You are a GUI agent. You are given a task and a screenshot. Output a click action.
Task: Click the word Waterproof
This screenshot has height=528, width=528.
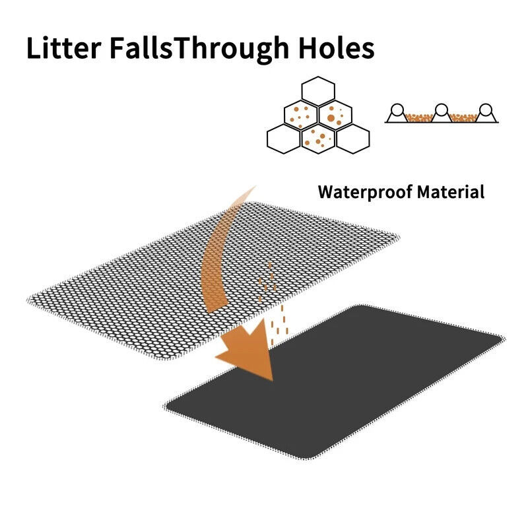pos(363,192)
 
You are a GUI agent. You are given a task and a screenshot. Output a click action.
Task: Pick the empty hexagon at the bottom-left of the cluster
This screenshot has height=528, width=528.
pos(284,138)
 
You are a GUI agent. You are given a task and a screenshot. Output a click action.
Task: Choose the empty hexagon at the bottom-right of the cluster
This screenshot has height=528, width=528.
pos(352,138)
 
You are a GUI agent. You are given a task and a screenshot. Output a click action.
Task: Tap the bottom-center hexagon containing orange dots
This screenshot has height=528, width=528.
pos(318,139)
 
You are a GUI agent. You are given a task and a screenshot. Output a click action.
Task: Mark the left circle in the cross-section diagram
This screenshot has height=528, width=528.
pos(397,110)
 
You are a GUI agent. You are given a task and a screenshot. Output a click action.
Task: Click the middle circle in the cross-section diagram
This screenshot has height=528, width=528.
pos(442,110)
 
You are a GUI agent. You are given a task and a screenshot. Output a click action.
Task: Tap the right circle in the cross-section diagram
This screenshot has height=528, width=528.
pos(486,110)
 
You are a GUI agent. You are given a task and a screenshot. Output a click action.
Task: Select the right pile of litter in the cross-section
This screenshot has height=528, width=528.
pos(464,118)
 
